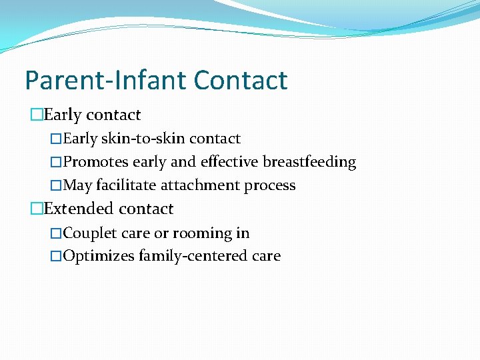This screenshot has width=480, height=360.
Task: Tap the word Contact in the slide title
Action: (241, 80)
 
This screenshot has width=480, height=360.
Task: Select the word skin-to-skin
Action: (143, 139)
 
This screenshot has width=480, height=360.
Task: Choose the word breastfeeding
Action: (309, 162)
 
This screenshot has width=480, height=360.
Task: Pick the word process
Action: (270, 185)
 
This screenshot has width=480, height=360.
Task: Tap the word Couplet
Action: (89, 233)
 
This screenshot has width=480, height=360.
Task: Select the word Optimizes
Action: (99, 256)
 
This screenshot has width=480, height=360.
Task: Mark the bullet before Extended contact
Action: (37, 209)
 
